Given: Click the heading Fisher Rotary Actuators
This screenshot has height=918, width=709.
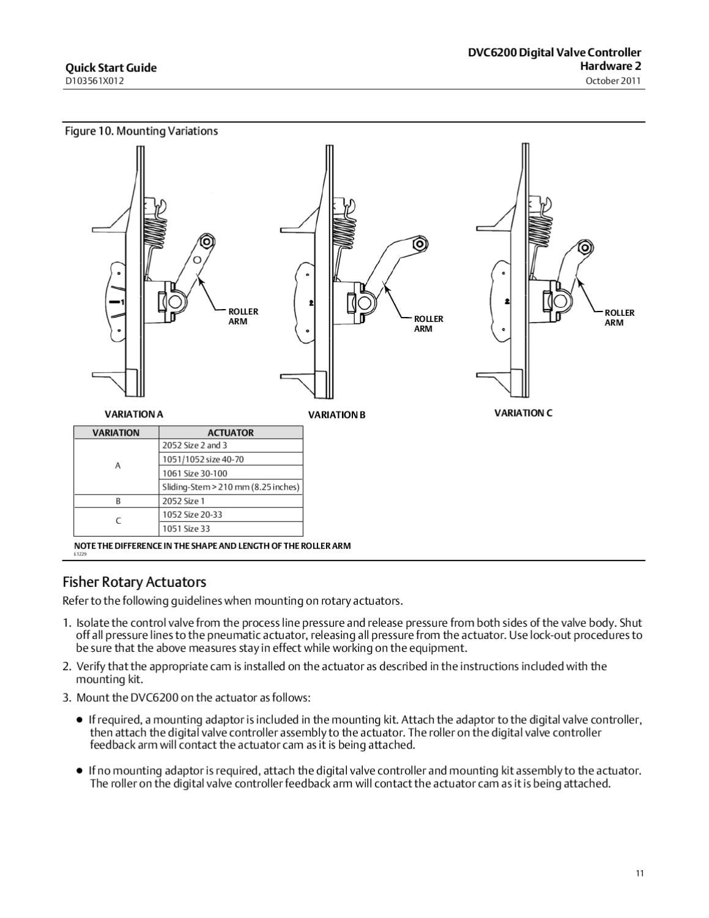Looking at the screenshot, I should point(134,582).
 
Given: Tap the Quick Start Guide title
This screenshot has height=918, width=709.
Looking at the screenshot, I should point(111,68).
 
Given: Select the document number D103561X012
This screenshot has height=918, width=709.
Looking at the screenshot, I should point(94,81).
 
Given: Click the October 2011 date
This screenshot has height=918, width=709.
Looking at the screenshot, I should point(613,81).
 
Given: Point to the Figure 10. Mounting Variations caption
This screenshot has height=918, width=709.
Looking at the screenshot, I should point(141,131).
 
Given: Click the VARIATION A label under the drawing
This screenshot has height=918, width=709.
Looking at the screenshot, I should point(133,414).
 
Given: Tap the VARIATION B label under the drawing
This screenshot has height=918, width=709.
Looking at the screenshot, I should point(336,415).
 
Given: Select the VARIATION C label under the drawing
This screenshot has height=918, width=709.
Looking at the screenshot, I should point(523,413).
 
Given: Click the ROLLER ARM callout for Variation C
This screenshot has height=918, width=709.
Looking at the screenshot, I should point(619,318).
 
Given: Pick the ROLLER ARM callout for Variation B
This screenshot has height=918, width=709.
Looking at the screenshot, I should point(428,324).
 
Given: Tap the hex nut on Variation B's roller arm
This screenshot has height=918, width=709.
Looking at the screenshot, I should point(419,244).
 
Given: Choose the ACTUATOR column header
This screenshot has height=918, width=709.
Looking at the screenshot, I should point(230,433).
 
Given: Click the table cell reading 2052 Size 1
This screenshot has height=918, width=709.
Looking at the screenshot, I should point(184,501).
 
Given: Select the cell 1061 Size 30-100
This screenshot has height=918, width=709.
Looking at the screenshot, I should point(195,474).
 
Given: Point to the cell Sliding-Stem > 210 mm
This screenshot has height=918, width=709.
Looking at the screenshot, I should point(230,487).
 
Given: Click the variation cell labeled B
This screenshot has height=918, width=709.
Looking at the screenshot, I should point(118,501).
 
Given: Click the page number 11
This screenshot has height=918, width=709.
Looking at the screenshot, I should point(639,873).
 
